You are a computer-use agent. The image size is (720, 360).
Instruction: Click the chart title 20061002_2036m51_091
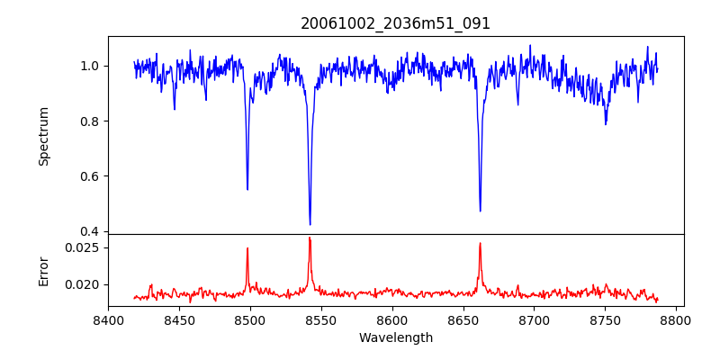(x=395, y=23)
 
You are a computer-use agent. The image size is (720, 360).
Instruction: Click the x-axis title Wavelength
(x=395, y=338)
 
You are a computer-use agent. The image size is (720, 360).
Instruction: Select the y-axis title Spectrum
(x=43, y=136)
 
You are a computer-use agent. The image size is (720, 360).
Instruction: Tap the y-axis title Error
(x=43, y=270)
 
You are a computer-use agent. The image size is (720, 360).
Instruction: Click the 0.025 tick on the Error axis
(x=85, y=247)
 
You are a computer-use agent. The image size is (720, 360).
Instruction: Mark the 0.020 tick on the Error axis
(x=85, y=284)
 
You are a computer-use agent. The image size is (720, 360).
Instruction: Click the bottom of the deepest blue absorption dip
(x=310, y=224)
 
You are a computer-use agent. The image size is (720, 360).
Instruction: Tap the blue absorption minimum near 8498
(x=247, y=189)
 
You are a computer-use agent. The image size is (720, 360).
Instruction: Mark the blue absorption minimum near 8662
(x=480, y=211)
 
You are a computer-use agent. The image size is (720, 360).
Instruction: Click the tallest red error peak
(x=310, y=238)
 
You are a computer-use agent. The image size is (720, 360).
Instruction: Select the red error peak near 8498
(x=247, y=248)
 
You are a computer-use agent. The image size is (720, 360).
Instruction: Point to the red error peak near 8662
(x=480, y=243)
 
